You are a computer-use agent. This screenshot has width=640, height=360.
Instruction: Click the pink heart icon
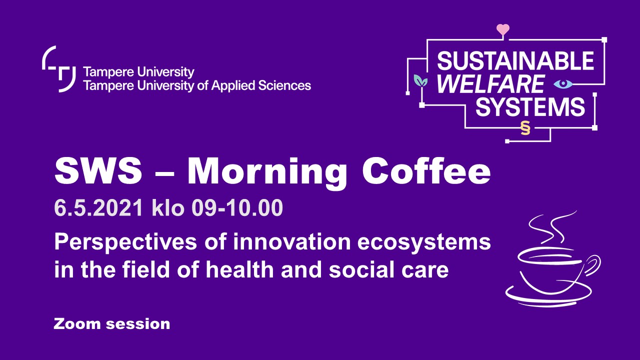click(503, 29)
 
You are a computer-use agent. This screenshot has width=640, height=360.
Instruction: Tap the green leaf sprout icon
click(420, 81)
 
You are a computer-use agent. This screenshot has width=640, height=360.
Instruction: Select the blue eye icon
click(563, 83)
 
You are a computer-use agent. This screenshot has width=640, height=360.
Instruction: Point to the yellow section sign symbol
click(525, 127)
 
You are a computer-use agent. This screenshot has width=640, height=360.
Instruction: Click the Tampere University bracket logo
click(59, 69)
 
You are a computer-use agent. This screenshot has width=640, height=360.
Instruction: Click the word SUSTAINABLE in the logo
click(515, 60)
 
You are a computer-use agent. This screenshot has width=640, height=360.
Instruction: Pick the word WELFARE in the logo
click(491, 83)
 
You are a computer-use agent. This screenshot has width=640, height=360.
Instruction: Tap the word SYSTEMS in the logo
click(530, 106)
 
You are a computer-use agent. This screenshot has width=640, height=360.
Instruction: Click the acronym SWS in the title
click(98, 171)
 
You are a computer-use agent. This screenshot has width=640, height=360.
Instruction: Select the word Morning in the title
click(267, 173)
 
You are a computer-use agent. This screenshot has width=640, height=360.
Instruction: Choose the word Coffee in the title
click(426, 171)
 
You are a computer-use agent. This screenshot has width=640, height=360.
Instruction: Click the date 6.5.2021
click(98, 207)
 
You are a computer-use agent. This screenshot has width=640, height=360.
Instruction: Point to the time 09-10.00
click(237, 207)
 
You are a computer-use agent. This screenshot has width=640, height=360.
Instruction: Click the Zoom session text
click(111, 324)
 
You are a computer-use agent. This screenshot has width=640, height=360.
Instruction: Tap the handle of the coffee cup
click(592, 265)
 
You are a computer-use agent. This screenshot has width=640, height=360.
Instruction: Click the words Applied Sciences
click(261, 86)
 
